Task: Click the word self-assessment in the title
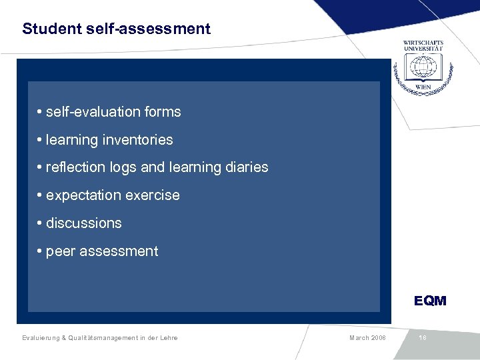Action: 145,29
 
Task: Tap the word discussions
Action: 84,223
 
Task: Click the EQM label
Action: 430,301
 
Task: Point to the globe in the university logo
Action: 423,67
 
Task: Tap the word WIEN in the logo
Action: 423,87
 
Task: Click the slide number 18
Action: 423,338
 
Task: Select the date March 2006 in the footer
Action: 367,338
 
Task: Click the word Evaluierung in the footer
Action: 42,338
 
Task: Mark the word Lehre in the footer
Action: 169,338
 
